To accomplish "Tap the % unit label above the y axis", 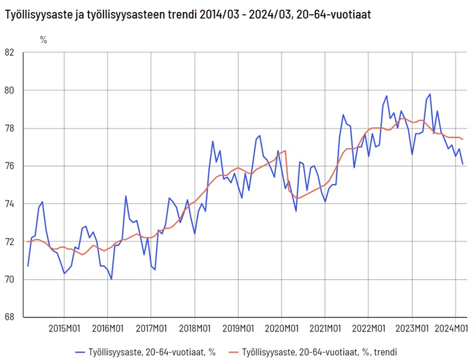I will [43, 40].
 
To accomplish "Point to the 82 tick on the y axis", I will [9, 52].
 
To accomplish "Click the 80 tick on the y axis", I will [9, 90].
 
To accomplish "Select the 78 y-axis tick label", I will [9, 129].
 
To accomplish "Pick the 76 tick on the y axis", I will [9, 166].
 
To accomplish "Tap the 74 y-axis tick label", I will [9, 204].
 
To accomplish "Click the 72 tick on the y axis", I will [9, 242].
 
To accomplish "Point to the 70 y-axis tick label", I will [9, 280].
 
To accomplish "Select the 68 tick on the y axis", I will [9, 317].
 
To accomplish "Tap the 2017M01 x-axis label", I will [151, 328].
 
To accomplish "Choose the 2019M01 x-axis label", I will [238, 328].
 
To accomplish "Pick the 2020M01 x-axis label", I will [281, 328].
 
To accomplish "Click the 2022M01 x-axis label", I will [368, 328].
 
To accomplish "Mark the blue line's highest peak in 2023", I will [430, 94].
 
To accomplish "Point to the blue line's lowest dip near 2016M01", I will [111, 279].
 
